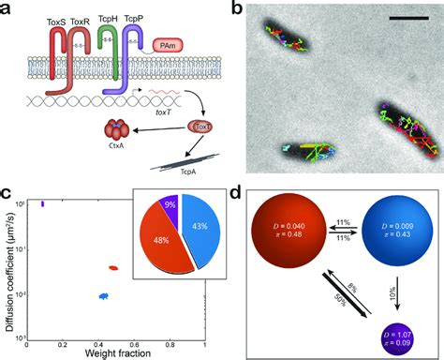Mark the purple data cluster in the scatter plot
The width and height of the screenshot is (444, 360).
click(x=42, y=202)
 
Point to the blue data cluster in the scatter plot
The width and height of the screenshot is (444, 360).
click(x=104, y=295)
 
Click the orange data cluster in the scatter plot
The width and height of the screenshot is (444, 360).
click(x=114, y=268)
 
